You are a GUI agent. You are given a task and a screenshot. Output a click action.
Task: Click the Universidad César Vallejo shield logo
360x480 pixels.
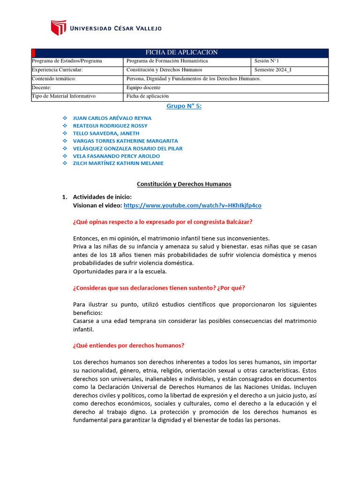tap(58, 28)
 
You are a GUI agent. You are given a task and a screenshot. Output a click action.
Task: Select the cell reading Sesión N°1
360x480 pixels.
tap(267, 61)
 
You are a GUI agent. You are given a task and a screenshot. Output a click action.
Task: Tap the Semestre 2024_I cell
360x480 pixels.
tap(273, 70)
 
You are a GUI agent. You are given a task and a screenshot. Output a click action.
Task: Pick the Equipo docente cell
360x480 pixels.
tap(143, 88)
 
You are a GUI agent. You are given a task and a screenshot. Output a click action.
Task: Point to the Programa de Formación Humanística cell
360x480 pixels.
tap(167, 61)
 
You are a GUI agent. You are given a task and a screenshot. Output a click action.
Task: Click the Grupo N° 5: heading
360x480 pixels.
tap(184, 106)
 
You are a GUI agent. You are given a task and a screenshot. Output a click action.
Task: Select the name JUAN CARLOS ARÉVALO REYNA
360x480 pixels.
tap(112, 118)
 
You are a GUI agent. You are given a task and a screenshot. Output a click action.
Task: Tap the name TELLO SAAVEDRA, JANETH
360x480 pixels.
tap(106, 133)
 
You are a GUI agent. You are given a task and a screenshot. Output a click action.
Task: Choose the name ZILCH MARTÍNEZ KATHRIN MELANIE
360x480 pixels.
tap(119, 163)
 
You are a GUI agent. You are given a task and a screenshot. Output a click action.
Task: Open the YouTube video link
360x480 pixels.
tap(193, 205)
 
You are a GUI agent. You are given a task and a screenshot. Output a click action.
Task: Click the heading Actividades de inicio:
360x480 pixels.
tap(102, 197)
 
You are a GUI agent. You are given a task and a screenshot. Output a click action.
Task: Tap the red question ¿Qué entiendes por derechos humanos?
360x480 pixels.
tap(129, 345)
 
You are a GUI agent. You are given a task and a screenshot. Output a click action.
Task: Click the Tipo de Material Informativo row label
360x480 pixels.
tap(64, 96)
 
